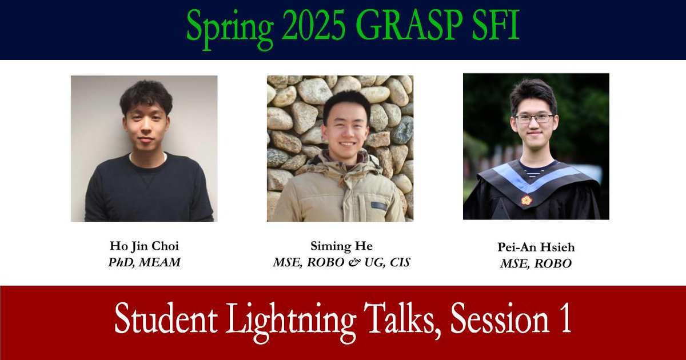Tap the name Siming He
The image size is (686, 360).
[x=341, y=246]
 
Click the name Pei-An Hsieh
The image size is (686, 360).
[x=536, y=247]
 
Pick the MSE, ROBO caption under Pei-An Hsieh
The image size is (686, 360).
[x=536, y=264]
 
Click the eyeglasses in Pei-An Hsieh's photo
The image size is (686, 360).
[x=535, y=118]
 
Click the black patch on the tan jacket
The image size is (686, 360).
[x=379, y=206]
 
